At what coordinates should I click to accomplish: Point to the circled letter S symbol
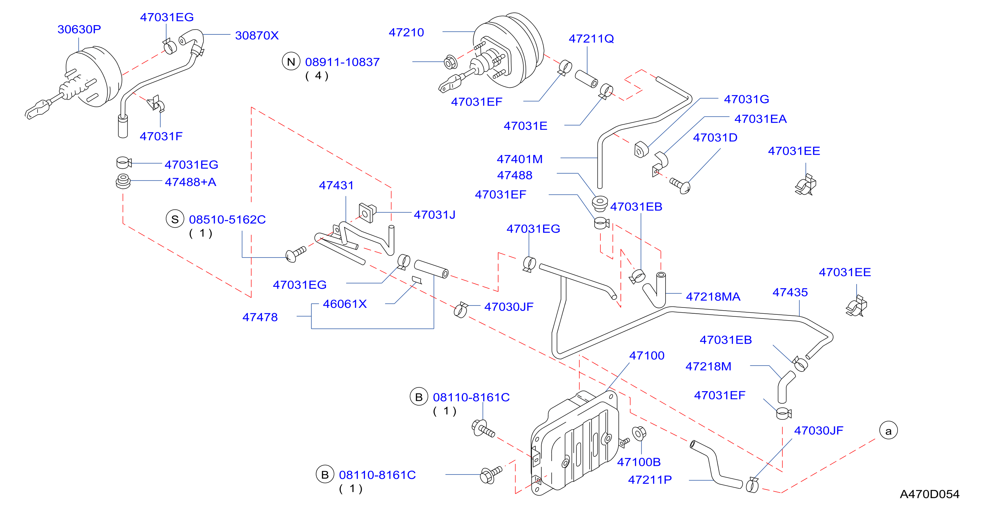coord(175,219)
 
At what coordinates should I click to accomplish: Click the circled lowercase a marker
coord(888,431)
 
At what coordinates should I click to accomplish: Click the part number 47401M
coord(520,159)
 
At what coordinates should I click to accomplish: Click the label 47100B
coord(639,462)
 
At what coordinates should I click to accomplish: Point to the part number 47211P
coord(650,480)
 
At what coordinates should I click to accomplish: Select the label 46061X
coord(345,304)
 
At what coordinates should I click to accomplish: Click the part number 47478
coord(260,317)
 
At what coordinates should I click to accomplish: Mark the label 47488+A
coord(191,182)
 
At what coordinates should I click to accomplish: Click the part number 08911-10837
coord(342,62)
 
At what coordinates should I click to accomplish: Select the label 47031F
coord(161,136)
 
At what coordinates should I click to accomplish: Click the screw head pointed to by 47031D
coord(685,188)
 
